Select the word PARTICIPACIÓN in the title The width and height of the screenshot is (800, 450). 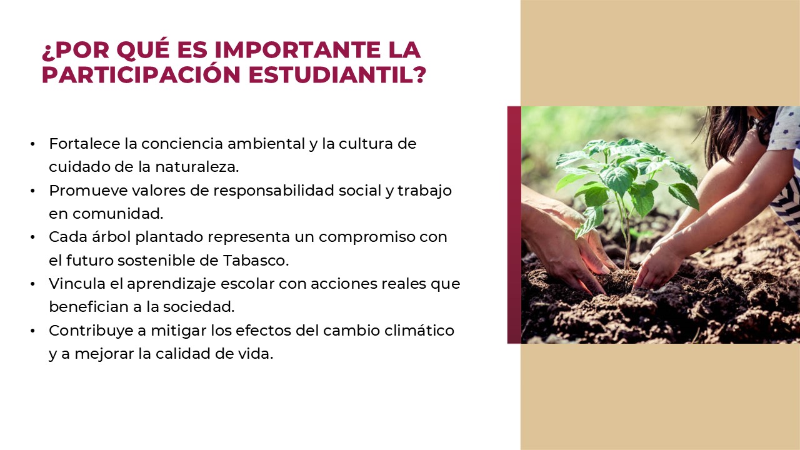tap(141, 74)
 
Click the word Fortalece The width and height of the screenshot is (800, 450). tap(84, 144)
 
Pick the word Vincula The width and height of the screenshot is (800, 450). tap(74, 284)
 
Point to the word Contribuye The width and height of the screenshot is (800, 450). tap(89, 331)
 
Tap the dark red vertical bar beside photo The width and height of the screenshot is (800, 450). tap(514, 225)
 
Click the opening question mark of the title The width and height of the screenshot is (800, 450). tap(47, 51)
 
